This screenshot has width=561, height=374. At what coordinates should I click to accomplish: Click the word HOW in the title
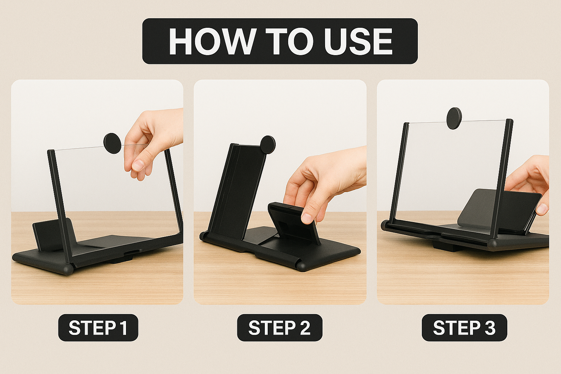[x=211, y=41]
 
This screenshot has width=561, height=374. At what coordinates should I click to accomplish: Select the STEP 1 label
[x=98, y=328]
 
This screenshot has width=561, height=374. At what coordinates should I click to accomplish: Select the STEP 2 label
[x=280, y=328]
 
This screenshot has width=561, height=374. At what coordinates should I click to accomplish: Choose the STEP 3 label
[x=464, y=328]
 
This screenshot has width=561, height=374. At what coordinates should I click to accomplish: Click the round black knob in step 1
[x=112, y=144]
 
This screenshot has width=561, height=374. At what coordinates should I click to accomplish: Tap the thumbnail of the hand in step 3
[x=542, y=209]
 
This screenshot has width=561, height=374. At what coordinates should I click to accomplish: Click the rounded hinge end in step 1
[x=68, y=270]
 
